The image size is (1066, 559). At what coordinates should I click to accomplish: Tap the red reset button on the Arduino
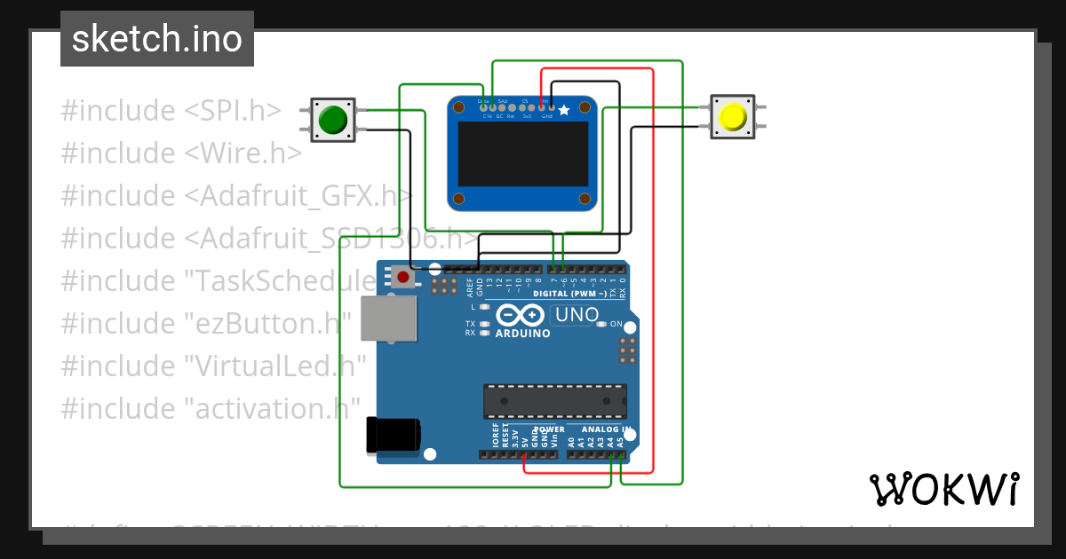403,277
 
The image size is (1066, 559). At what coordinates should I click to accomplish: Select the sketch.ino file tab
157,39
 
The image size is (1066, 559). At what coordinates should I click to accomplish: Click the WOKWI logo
943,489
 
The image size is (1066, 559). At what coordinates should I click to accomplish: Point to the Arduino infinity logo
520,316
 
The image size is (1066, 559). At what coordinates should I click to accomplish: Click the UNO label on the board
576,314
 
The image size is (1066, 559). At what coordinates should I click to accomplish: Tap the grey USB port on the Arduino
388,318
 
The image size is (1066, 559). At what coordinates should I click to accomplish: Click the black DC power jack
392,436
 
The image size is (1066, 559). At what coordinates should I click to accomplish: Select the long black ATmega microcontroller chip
554,401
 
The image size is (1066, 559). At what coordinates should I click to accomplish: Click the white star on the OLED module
563,111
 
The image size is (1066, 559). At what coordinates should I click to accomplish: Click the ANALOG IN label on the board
607,429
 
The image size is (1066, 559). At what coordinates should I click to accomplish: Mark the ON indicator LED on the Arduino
602,325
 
